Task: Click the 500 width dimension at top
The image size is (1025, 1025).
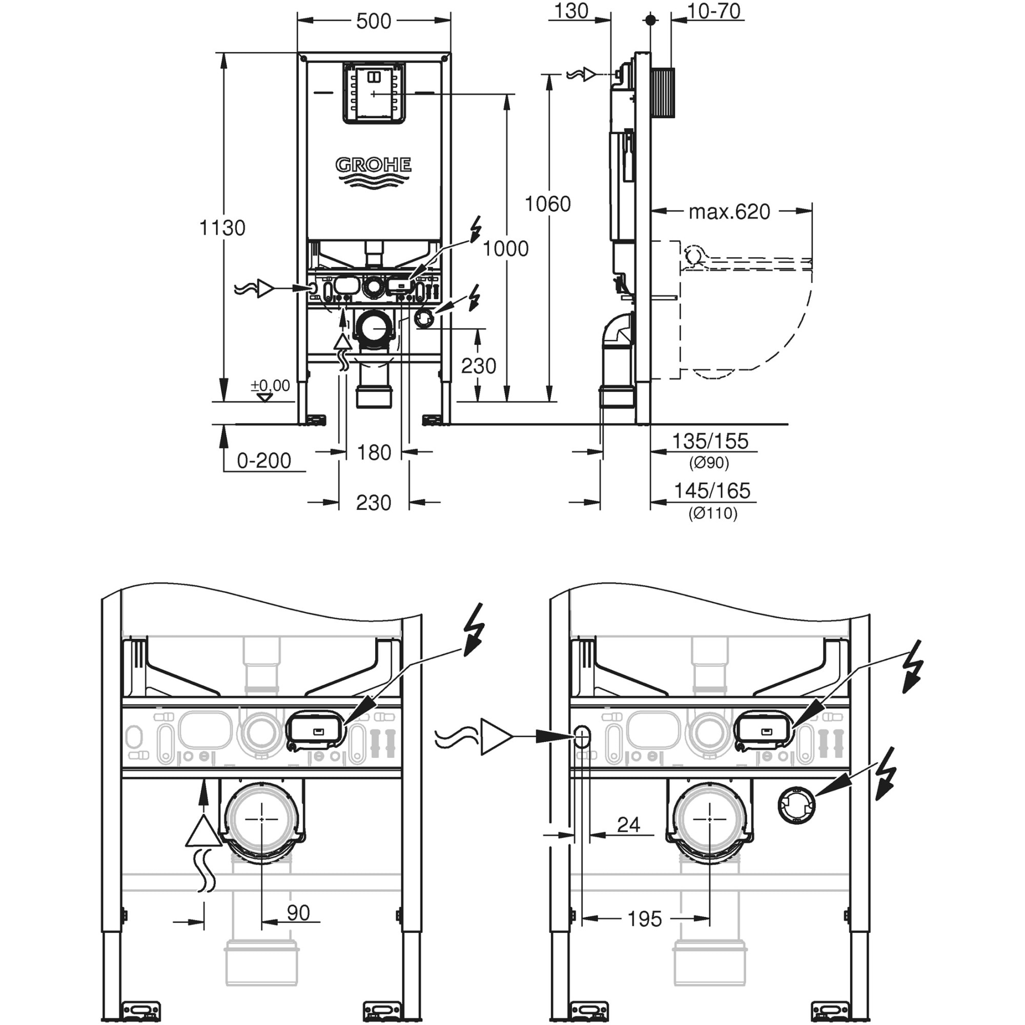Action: coord(373,21)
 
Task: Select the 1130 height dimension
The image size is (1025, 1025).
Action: coord(222,228)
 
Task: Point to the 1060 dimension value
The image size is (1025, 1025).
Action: coord(547,204)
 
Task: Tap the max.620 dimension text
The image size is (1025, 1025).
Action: coord(729,212)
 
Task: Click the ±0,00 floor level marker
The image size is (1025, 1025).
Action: coord(270,386)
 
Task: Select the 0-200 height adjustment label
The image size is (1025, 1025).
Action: coord(263,461)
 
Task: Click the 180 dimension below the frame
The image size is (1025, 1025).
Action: coord(374,453)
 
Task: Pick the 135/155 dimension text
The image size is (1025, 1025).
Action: coord(710,441)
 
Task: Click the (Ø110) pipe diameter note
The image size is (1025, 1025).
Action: coord(712,514)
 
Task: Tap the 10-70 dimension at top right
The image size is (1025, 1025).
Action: coord(713,11)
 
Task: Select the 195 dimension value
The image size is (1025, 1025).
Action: coord(644,919)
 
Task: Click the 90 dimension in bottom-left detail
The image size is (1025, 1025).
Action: coord(298,913)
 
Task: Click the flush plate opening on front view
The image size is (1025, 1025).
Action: coord(374,94)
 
